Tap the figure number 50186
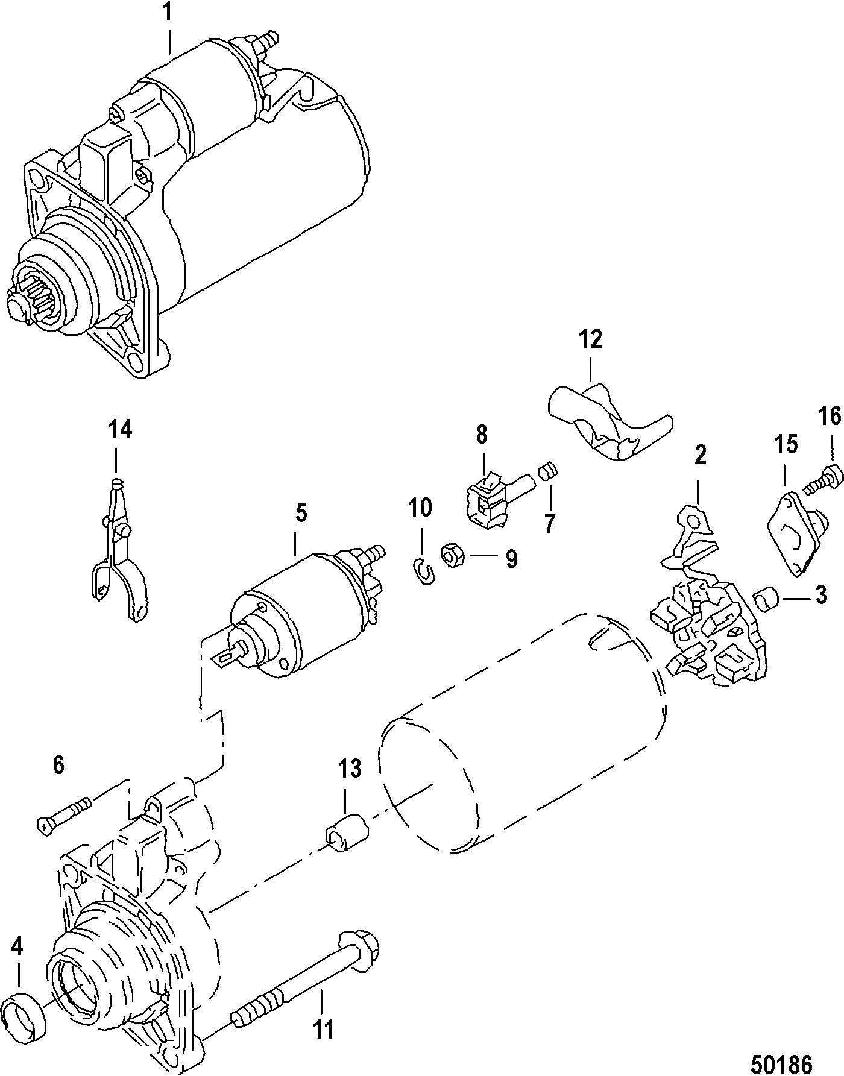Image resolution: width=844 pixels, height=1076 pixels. pyautogui.click(x=781, y=1062)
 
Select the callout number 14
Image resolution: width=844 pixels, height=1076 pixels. pyautogui.click(x=121, y=431)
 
